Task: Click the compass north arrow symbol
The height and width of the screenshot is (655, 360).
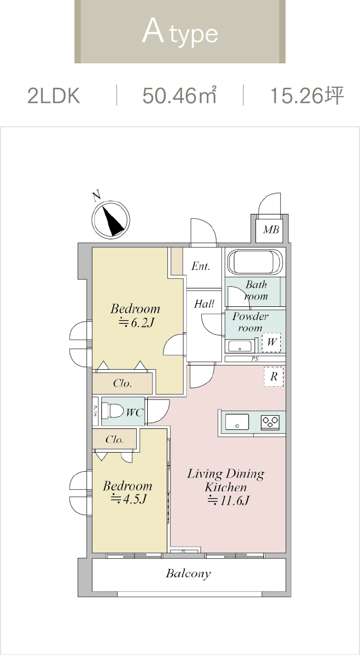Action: click(x=111, y=220)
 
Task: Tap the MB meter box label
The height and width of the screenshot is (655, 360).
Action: click(x=271, y=230)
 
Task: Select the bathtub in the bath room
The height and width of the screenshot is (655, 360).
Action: click(x=255, y=261)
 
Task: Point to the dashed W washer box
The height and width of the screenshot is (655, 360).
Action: click(x=271, y=342)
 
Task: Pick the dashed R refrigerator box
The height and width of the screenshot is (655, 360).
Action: click(x=273, y=377)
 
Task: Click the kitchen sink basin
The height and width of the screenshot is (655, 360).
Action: click(x=237, y=422)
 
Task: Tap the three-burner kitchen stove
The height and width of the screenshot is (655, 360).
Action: click(x=270, y=422)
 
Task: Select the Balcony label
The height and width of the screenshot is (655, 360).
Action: click(x=188, y=574)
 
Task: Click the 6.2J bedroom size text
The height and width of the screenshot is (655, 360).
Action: click(x=136, y=323)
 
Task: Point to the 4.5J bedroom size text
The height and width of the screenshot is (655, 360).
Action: click(x=128, y=499)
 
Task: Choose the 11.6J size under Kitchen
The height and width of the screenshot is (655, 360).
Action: click(x=228, y=501)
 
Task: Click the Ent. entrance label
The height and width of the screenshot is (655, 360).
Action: click(x=201, y=266)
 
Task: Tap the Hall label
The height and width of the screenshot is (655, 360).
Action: click(x=204, y=304)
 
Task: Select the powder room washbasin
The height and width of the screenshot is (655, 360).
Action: click(x=240, y=347)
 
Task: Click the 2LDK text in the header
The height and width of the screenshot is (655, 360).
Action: click(x=54, y=96)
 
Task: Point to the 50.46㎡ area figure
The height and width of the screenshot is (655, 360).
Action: click(x=179, y=95)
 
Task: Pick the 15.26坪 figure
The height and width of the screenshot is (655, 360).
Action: click(x=307, y=95)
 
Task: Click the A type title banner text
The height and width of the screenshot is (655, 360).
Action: click(x=180, y=33)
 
